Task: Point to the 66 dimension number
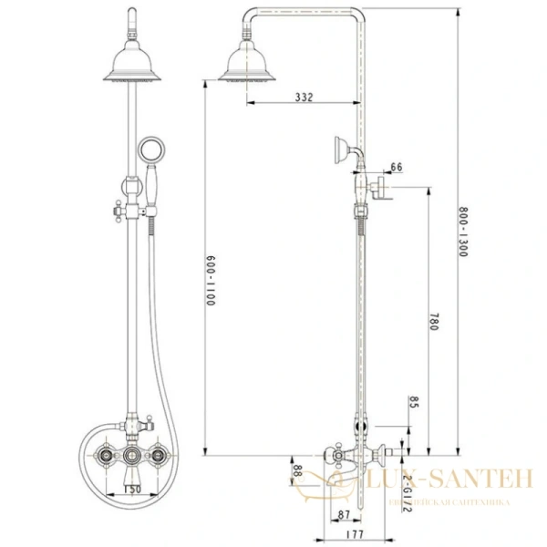pyautogui.click(x=396, y=167)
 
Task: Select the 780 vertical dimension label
pyautogui.click(x=435, y=321)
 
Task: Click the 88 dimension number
pyautogui.click(x=297, y=470)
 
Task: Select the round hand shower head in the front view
pyautogui.click(x=147, y=152)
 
